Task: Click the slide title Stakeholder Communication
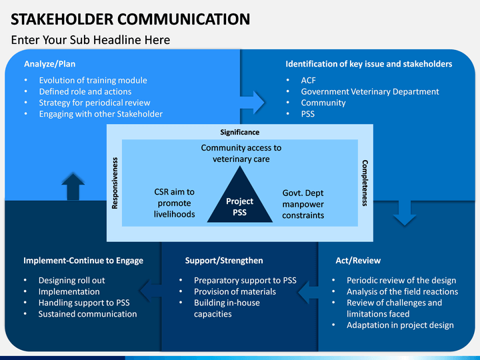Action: click(131, 19)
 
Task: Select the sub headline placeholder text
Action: click(91, 40)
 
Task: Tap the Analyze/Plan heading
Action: click(49, 64)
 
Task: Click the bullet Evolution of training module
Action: click(93, 80)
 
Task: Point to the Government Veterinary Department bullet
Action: click(370, 91)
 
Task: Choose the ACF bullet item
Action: click(308, 80)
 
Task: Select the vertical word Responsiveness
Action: click(115, 183)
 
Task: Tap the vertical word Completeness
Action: click(365, 183)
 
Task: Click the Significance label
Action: click(240, 132)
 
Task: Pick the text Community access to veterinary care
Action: click(241, 153)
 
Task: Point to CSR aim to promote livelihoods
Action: click(174, 203)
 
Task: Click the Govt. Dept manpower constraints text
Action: click(303, 204)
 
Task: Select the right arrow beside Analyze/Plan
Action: click(253, 103)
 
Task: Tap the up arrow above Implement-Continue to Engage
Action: click(73, 187)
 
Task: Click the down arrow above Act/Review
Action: click(405, 213)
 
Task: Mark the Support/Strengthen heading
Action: click(224, 261)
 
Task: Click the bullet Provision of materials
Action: click(235, 291)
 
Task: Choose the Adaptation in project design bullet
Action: click(400, 325)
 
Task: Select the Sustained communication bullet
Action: click(87, 314)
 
